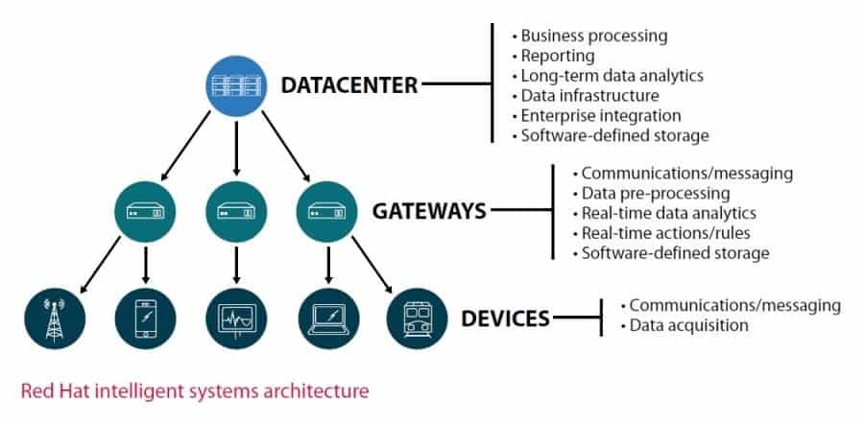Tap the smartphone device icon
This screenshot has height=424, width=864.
click(145, 317)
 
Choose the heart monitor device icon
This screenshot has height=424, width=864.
click(236, 317)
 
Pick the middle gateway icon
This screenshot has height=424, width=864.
click(236, 210)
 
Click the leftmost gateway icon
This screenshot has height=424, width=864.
click(145, 210)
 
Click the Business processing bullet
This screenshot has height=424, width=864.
click(593, 35)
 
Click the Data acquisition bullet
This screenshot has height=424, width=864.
click(687, 325)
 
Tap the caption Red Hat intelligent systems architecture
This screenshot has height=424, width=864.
click(195, 391)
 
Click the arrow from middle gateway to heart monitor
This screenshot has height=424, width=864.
click(236, 263)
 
